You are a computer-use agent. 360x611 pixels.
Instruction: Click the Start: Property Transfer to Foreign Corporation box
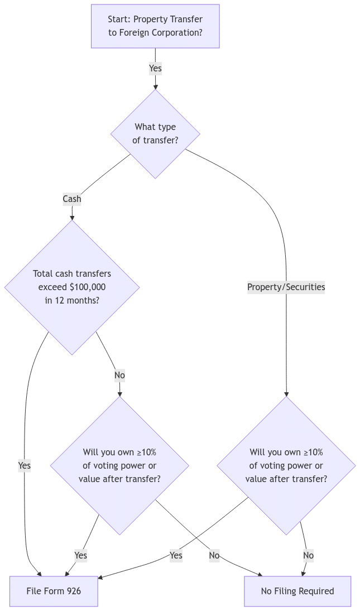pyautogui.click(x=155, y=26)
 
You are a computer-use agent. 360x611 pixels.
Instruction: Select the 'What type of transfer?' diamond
pyautogui.click(x=155, y=134)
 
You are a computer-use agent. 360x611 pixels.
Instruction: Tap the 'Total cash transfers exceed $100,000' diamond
pyautogui.click(x=72, y=287)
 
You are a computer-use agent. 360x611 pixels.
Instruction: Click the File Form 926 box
pyautogui.click(x=54, y=591)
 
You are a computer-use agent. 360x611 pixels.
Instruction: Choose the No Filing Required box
pyautogui.click(x=297, y=591)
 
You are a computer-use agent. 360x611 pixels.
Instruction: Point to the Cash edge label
pyautogui.click(x=72, y=199)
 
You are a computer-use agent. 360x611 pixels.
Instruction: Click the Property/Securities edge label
pyautogui.click(x=286, y=287)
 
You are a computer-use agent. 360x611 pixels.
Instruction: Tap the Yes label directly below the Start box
pyautogui.click(x=155, y=69)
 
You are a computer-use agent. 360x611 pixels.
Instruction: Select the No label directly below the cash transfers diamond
pyautogui.click(x=119, y=376)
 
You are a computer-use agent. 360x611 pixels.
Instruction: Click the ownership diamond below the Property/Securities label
pyautogui.click(x=286, y=465)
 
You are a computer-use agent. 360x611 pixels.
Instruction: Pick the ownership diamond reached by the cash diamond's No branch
pyautogui.click(x=119, y=465)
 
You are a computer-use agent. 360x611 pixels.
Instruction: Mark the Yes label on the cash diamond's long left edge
pyautogui.click(x=25, y=465)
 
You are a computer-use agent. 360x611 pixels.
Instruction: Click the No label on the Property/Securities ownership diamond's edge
pyautogui.click(x=308, y=555)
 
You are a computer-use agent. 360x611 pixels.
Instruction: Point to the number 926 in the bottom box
pyautogui.click(x=74, y=591)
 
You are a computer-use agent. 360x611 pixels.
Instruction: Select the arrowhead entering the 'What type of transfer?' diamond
pyautogui.click(x=155, y=86)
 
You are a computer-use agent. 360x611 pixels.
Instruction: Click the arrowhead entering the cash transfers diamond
pyautogui.click(x=72, y=217)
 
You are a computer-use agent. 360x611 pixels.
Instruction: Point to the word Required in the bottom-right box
pyautogui.click(x=315, y=591)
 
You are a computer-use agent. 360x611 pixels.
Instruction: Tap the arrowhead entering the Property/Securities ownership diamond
pyautogui.click(x=286, y=393)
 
